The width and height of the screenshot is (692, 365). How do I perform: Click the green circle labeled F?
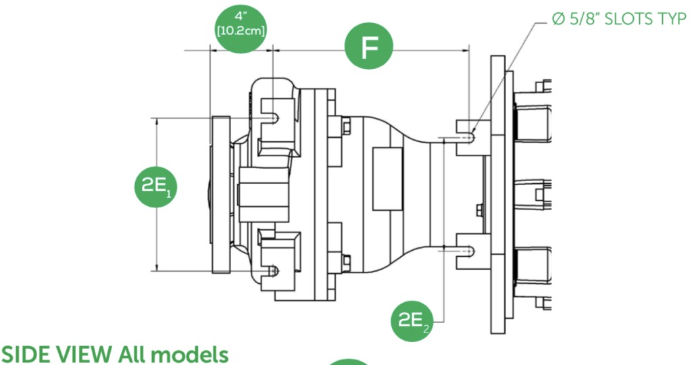[x=368, y=47]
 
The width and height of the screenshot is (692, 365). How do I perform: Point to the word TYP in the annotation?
[x=673, y=20]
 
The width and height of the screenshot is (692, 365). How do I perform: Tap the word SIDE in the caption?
[x=26, y=354]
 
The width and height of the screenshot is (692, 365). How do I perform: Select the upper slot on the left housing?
[x=273, y=119]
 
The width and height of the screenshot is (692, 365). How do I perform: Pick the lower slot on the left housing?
[x=273, y=270]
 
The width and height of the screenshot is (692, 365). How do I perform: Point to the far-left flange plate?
[x=220, y=195]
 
